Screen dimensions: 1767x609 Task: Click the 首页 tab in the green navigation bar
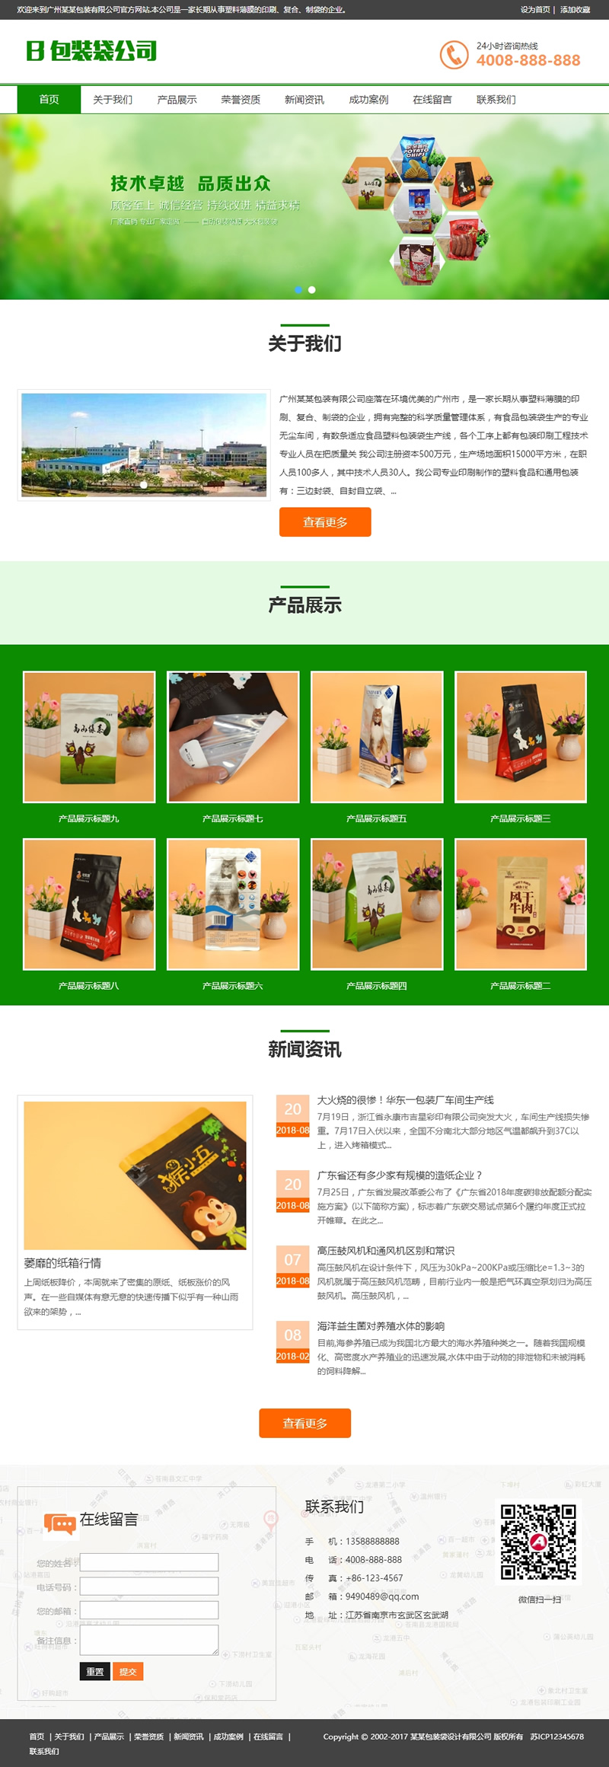[x=49, y=100]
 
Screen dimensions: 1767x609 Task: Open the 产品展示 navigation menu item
[x=177, y=100]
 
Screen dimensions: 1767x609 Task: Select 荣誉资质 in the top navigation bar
[x=241, y=100]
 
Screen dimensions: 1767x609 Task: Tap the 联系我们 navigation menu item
[x=496, y=100]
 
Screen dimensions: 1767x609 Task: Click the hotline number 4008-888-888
[x=528, y=60]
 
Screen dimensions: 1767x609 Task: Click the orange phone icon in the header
[x=454, y=55]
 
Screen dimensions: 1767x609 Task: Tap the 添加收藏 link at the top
[x=575, y=10]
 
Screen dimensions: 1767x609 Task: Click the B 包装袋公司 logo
[x=91, y=51]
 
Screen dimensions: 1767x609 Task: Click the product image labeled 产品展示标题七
[x=233, y=736]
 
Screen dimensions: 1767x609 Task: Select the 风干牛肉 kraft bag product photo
[x=521, y=904]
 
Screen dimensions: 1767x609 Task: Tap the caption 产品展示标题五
[x=376, y=818]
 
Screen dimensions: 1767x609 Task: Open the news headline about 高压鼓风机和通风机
[x=385, y=1251]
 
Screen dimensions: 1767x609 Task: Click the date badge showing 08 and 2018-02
[x=292, y=1341]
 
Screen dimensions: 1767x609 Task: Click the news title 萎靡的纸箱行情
[x=62, y=1263]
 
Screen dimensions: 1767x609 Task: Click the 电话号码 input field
[x=149, y=1587]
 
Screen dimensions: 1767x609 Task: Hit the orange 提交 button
[x=128, y=1671]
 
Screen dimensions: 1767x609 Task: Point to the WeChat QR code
[x=537, y=1542]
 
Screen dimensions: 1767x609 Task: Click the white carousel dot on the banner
[x=311, y=290]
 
